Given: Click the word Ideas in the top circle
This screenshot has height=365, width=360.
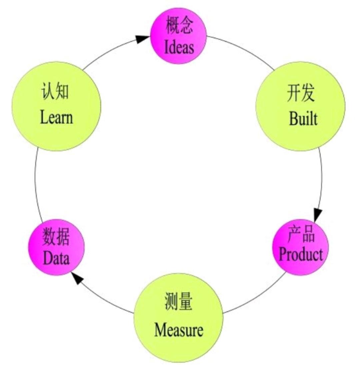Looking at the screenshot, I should click(179, 47).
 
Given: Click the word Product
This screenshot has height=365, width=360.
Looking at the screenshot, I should click(301, 255).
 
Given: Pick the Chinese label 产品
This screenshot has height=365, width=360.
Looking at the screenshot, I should click(301, 236).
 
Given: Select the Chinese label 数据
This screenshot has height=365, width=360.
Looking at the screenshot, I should click(56, 239).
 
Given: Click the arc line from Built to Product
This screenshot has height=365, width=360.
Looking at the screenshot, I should click(322, 177).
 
